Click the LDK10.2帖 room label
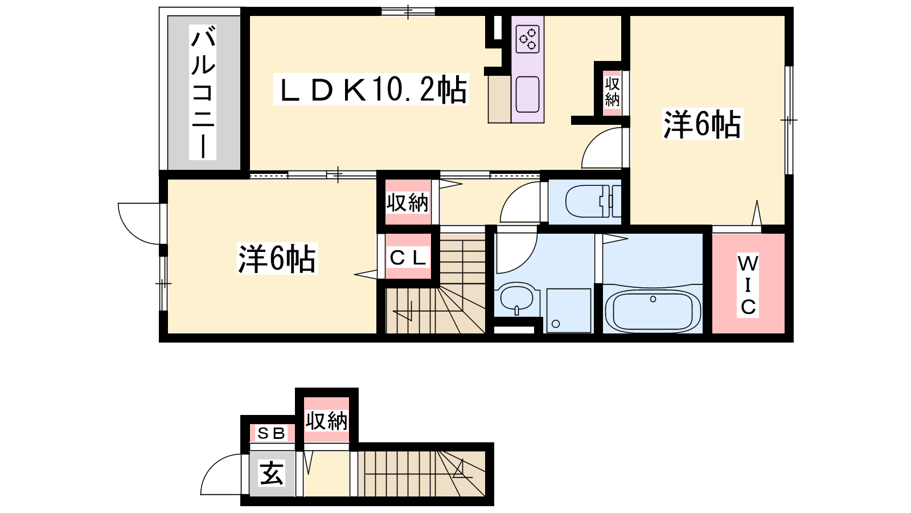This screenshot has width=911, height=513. (371, 89)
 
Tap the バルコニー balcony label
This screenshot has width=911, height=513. (203, 92)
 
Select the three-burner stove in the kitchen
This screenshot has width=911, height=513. (527, 39)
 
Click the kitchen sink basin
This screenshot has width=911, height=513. (527, 95)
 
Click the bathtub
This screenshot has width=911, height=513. (653, 310)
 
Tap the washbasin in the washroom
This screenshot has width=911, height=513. (516, 299)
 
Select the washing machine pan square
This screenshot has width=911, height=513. (569, 310)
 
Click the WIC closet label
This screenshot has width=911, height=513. (748, 286)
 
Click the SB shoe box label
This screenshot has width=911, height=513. (271, 433)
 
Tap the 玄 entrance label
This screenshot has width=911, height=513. (272, 474)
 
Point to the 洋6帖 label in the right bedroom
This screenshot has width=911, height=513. (703, 124)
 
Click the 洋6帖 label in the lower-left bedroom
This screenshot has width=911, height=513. (277, 259)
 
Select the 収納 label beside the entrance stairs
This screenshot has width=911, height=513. (327, 421)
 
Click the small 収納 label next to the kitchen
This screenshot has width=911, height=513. (612, 92)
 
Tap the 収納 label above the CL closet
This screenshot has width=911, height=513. (407, 202)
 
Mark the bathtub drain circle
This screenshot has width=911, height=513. (653, 299)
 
